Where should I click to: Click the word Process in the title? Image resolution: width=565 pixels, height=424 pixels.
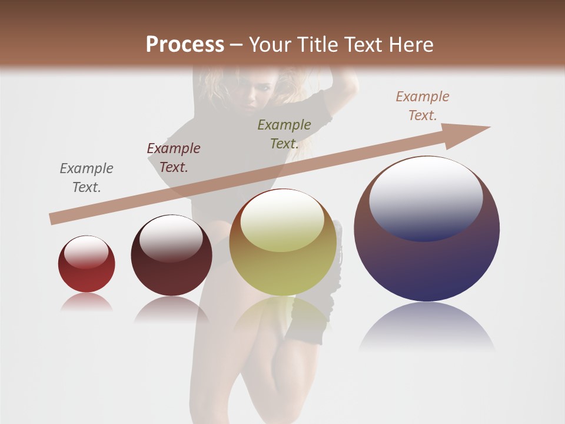[185, 45]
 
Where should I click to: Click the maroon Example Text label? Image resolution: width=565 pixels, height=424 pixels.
[174, 158]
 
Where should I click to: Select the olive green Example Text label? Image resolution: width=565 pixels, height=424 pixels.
[284, 134]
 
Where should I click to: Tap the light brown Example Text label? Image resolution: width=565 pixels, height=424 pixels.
[423, 106]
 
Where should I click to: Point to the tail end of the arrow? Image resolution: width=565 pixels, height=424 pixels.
[54, 218]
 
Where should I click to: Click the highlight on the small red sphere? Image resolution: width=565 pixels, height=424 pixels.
[86, 252]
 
